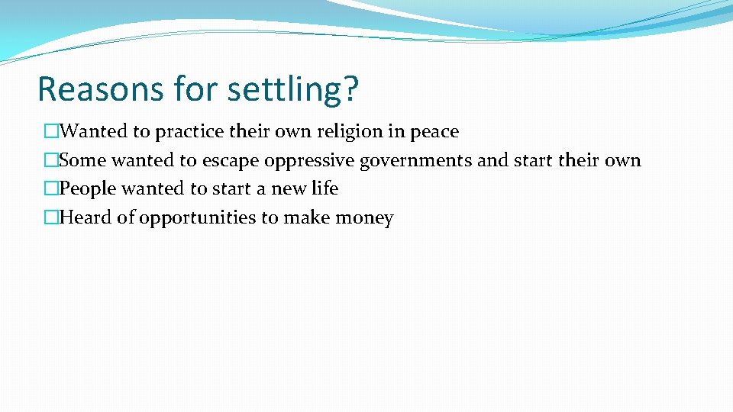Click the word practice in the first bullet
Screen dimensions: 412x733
click(x=190, y=132)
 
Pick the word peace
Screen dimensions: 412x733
click(x=434, y=132)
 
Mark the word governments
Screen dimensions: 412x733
click(x=416, y=161)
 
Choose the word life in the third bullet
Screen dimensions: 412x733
click(x=325, y=188)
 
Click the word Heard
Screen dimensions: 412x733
click(x=85, y=217)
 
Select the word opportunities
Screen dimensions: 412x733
click(x=197, y=218)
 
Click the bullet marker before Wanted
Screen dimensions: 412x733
click(x=51, y=132)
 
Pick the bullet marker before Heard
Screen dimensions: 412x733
click(x=51, y=218)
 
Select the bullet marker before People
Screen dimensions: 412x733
click(x=51, y=189)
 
